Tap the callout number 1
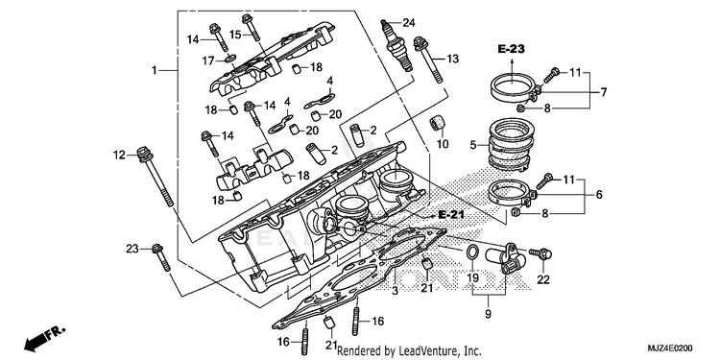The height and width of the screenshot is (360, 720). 155,70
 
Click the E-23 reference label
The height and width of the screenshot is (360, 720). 512,49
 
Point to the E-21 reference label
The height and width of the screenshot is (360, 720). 451,214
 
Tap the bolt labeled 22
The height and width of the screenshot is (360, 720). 540,253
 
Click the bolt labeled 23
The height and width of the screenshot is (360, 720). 161,257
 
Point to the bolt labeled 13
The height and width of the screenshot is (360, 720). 428,60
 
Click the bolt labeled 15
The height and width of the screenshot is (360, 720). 251,27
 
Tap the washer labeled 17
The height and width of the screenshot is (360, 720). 230,59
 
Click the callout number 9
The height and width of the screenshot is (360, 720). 488,315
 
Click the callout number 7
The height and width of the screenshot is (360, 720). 604,92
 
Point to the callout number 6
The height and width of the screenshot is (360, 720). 599,195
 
